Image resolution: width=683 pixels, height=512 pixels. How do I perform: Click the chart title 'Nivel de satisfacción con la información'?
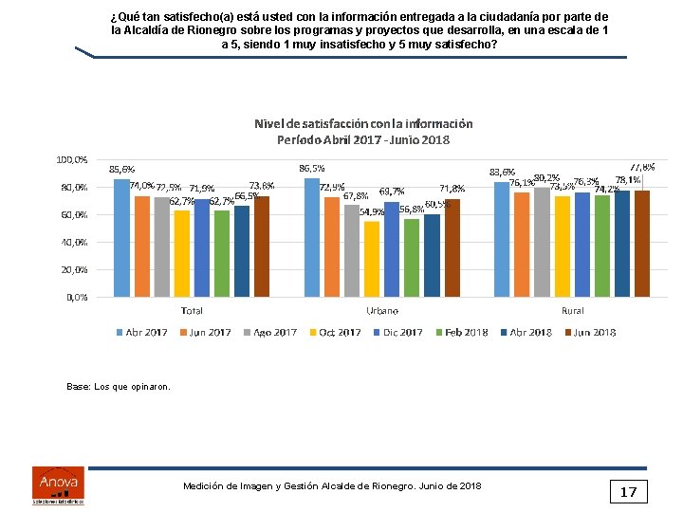coord(363,123)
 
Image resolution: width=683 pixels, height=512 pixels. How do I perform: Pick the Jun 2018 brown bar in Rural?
coord(642,243)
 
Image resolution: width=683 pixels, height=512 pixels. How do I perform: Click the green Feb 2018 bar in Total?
coord(222,253)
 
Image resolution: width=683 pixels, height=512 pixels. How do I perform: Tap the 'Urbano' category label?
coord(381,310)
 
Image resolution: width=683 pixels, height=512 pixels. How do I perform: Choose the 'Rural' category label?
coord(572,310)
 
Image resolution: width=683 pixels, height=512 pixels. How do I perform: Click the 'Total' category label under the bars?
coord(192,310)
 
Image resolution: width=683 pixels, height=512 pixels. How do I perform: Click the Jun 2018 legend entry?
coord(590,332)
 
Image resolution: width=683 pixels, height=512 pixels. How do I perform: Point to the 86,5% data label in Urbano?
coord(312,168)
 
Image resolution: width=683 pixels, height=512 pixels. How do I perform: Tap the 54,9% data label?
coord(371,212)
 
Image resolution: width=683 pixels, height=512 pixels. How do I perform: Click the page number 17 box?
coord(628,491)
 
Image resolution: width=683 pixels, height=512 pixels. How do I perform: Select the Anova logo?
coord(57,485)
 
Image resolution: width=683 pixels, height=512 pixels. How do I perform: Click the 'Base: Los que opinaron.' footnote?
coord(119,387)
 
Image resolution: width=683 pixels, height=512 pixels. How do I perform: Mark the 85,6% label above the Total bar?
coord(121,169)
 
